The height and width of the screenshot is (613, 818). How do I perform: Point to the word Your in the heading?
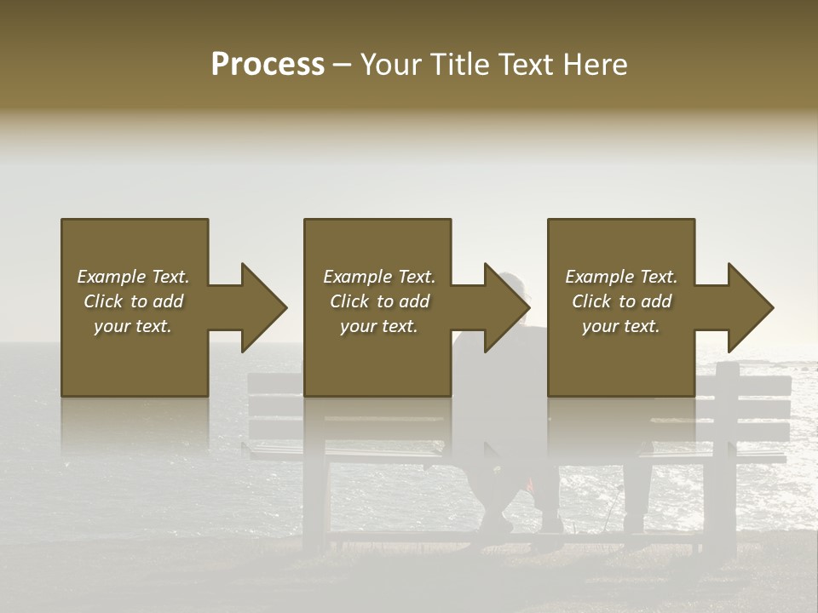click(391, 66)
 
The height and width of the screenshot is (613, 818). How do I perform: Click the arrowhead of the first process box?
click(263, 307)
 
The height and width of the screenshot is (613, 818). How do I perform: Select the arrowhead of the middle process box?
click(507, 307)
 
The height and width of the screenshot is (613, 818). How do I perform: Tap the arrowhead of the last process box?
click(751, 307)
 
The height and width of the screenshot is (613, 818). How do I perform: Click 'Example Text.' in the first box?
click(133, 277)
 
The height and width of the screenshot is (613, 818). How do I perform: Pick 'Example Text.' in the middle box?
click(379, 277)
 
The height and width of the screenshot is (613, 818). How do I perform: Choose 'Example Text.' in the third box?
click(621, 277)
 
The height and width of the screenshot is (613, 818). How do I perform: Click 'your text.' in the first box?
click(133, 326)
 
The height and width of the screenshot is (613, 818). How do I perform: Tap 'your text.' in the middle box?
click(379, 326)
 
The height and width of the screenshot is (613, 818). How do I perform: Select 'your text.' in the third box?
click(621, 326)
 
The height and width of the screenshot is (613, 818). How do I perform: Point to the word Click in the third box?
click(592, 301)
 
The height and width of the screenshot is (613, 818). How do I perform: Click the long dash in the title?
click(343, 66)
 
